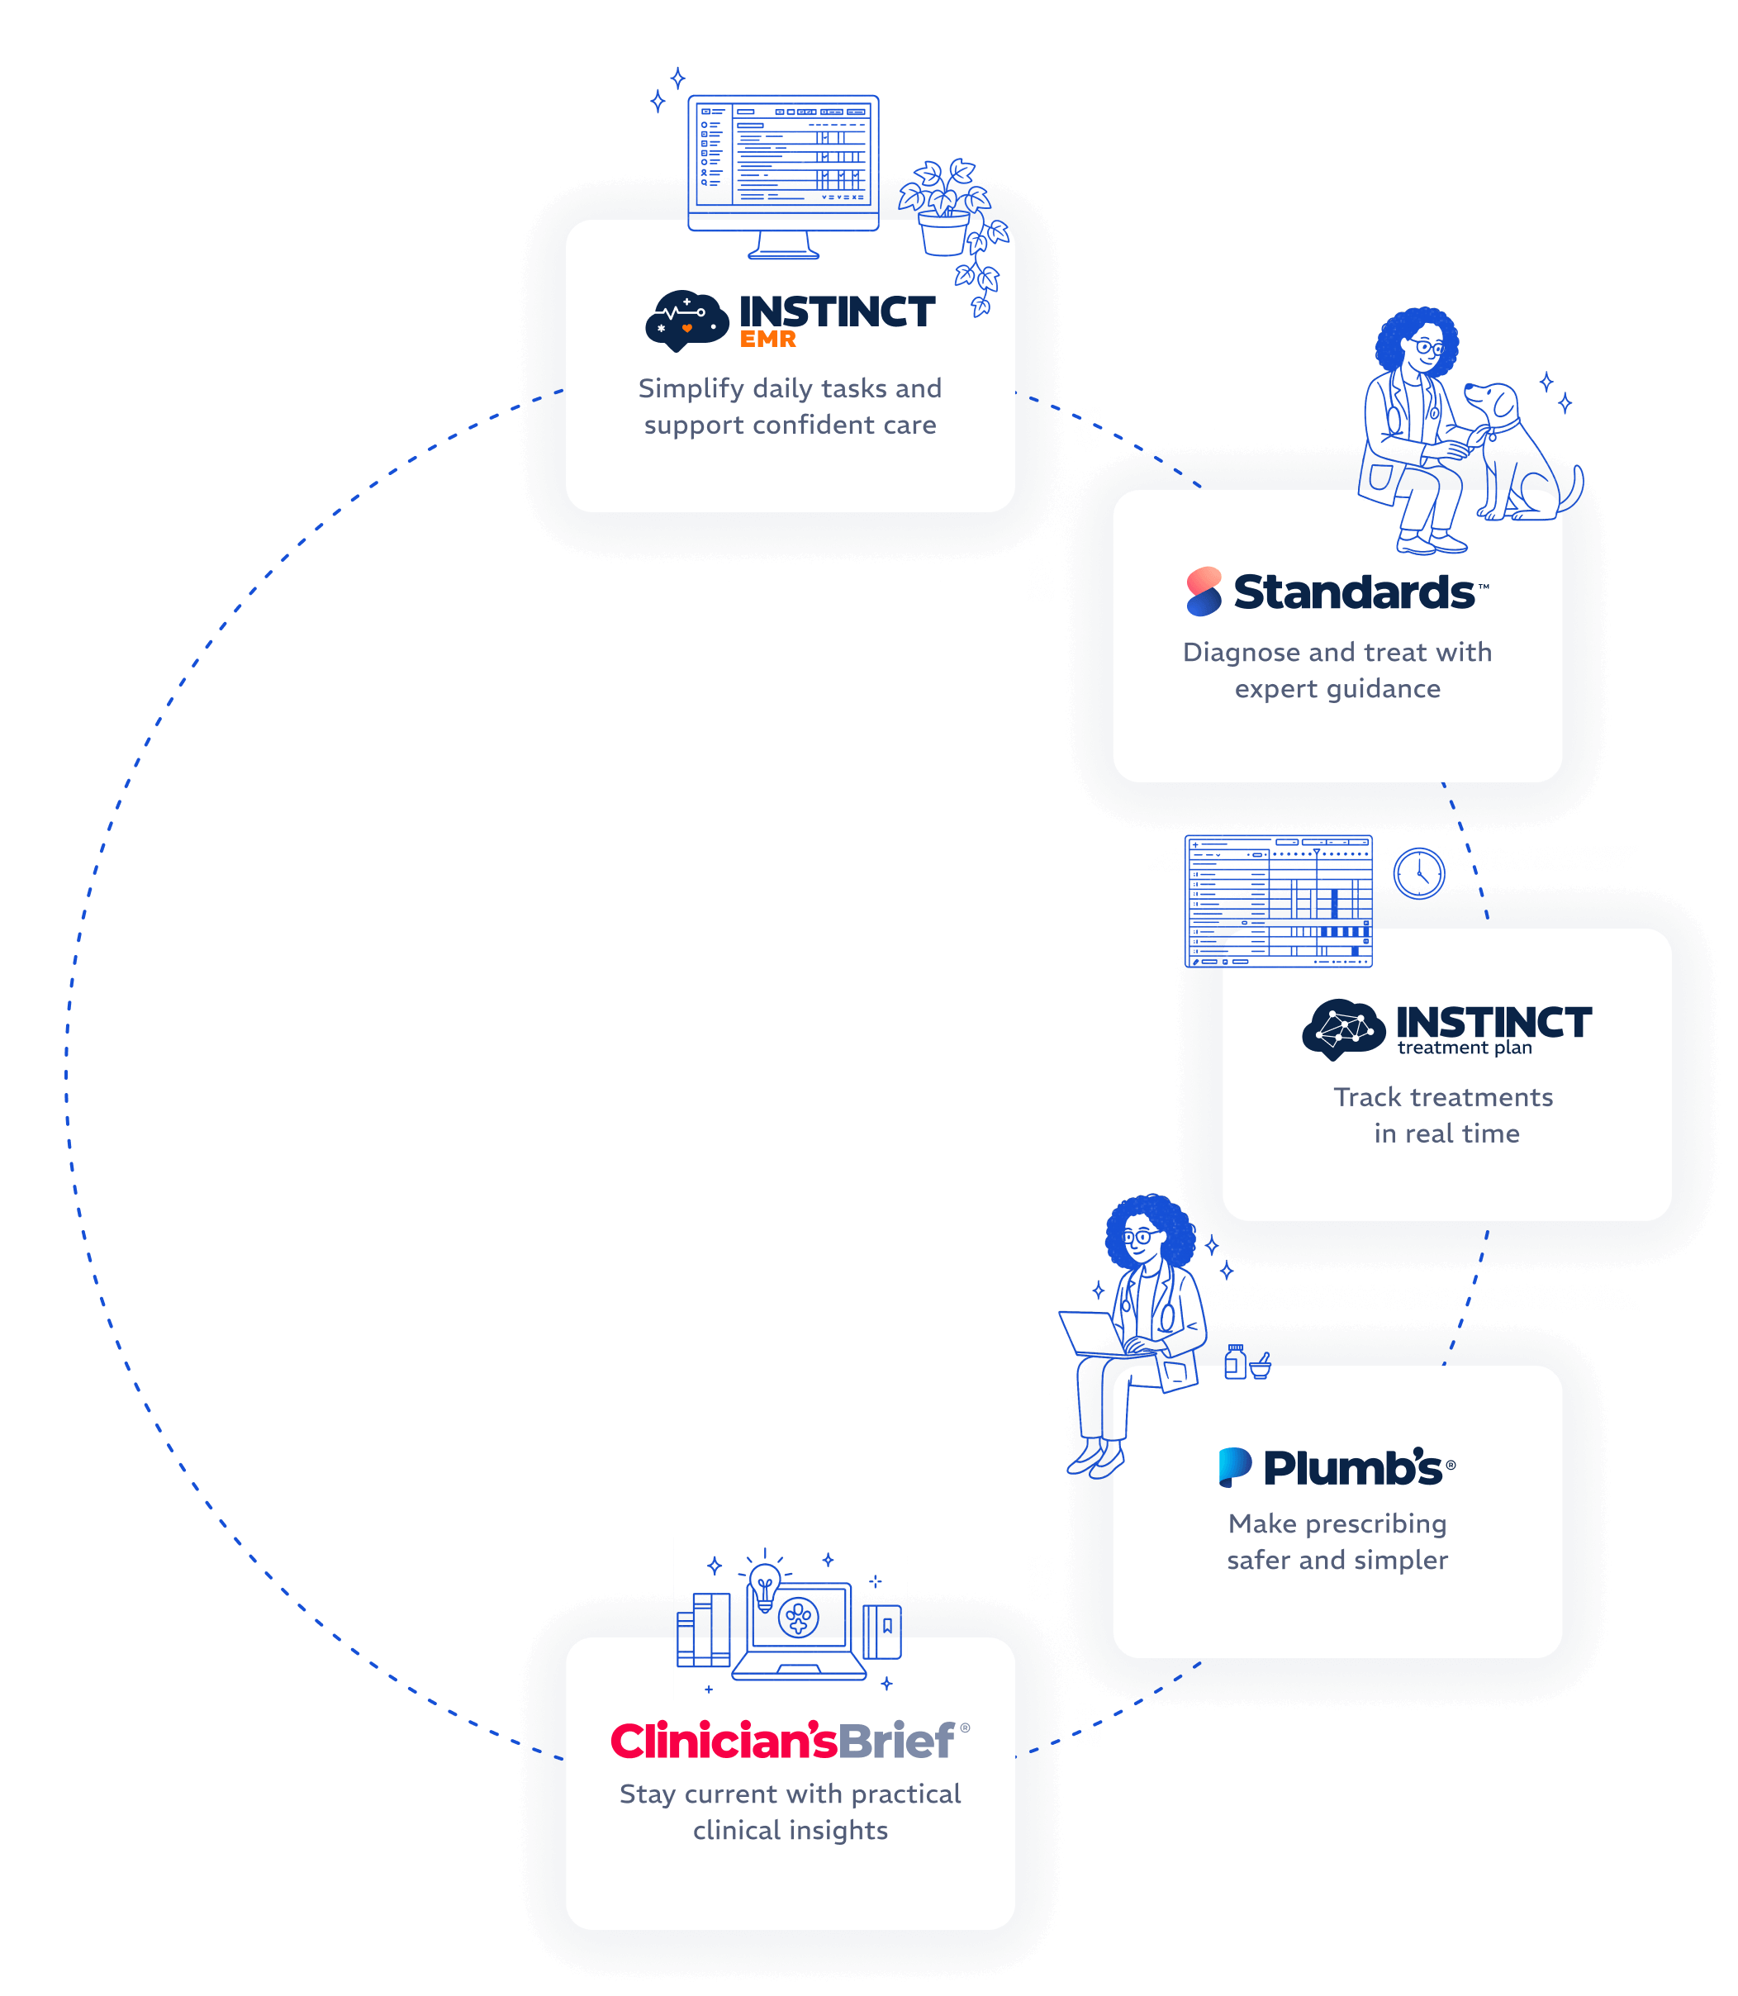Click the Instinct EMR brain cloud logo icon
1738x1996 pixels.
coord(686,320)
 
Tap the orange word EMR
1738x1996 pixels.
coord(767,340)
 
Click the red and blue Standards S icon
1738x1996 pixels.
coord(1204,592)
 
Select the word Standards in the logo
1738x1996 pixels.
coord(1353,592)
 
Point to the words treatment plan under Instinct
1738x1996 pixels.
coord(1465,1048)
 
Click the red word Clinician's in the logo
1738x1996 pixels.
coord(723,1741)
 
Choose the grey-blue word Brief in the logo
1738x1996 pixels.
coord(896,1741)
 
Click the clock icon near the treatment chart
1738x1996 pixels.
coord(1419,873)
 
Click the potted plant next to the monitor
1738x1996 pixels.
coord(943,208)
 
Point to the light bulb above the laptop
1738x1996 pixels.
coord(764,1583)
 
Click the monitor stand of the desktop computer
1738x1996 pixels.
coord(784,245)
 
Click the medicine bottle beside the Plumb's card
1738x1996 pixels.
coord(1235,1362)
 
